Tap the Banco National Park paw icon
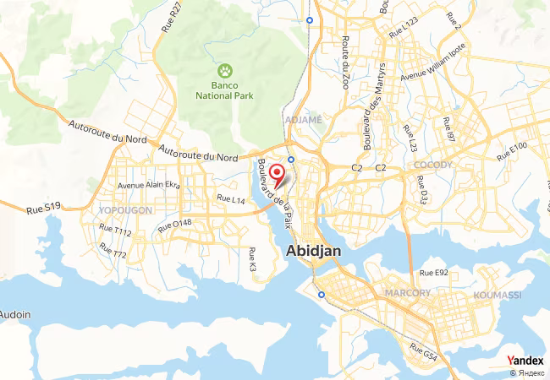[x=226, y=71]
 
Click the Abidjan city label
[x=315, y=252]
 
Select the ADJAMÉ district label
[x=304, y=120]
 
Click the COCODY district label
[x=434, y=165]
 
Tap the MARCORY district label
[x=407, y=293]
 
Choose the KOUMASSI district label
[x=498, y=293]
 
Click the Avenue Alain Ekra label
[x=149, y=186]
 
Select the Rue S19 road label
[x=43, y=207]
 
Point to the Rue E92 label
[x=434, y=273]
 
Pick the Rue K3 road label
[x=252, y=259]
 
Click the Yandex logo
[x=525, y=361]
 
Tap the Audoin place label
[x=14, y=315]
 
